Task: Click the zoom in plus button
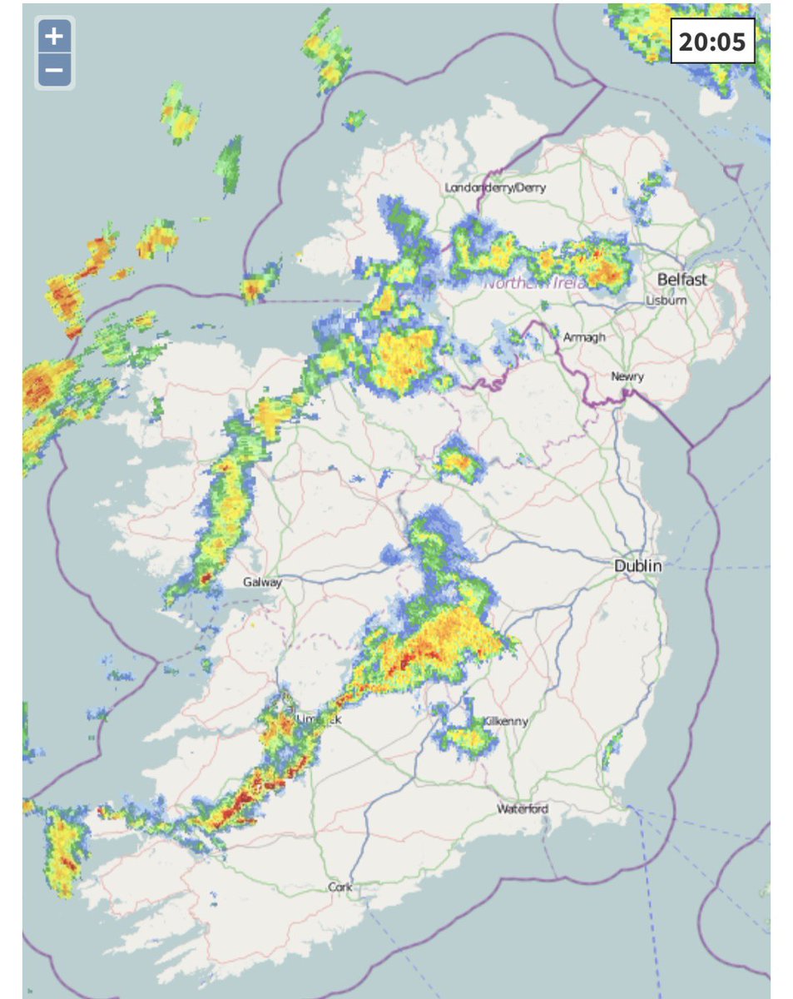point(54,37)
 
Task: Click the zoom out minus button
point(54,71)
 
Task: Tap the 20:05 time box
point(712,41)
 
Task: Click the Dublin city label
point(638,566)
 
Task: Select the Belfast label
point(681,279)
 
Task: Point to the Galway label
point(262,583)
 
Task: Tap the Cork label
point(340,887)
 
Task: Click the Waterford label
point(523,809)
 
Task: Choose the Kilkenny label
point(505,722)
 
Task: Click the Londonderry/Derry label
point(495,188)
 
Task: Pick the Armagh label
point(584,337)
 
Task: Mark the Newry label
point(627,377)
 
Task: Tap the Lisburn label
point(667,301)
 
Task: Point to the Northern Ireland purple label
point(537,284)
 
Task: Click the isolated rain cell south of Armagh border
point(458,460)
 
